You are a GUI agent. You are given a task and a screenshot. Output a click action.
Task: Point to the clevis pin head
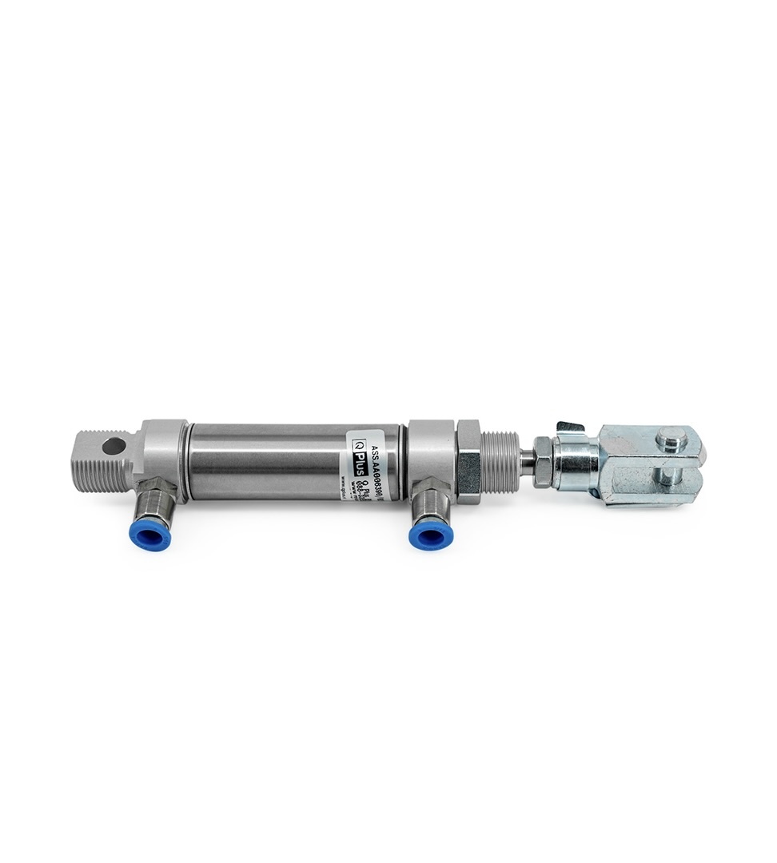coord(670,437)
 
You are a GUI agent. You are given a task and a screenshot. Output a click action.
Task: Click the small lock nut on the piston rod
coord(543,463)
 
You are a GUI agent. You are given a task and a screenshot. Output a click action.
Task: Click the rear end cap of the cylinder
coord(165,447)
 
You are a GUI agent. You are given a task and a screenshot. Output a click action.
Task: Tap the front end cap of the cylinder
coord(430,447)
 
